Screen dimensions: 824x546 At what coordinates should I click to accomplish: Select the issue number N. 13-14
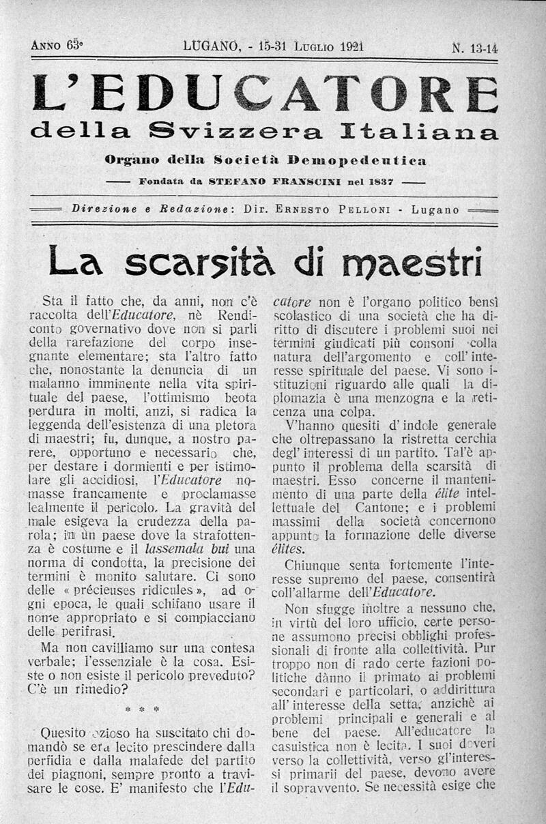[x=474, y=47]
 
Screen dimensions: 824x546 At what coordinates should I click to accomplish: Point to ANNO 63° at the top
[x=57, y=46]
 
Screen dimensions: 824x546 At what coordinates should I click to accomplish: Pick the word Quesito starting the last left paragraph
[x=63, y=734]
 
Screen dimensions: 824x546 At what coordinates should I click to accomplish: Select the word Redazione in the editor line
[x=195, y=210]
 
